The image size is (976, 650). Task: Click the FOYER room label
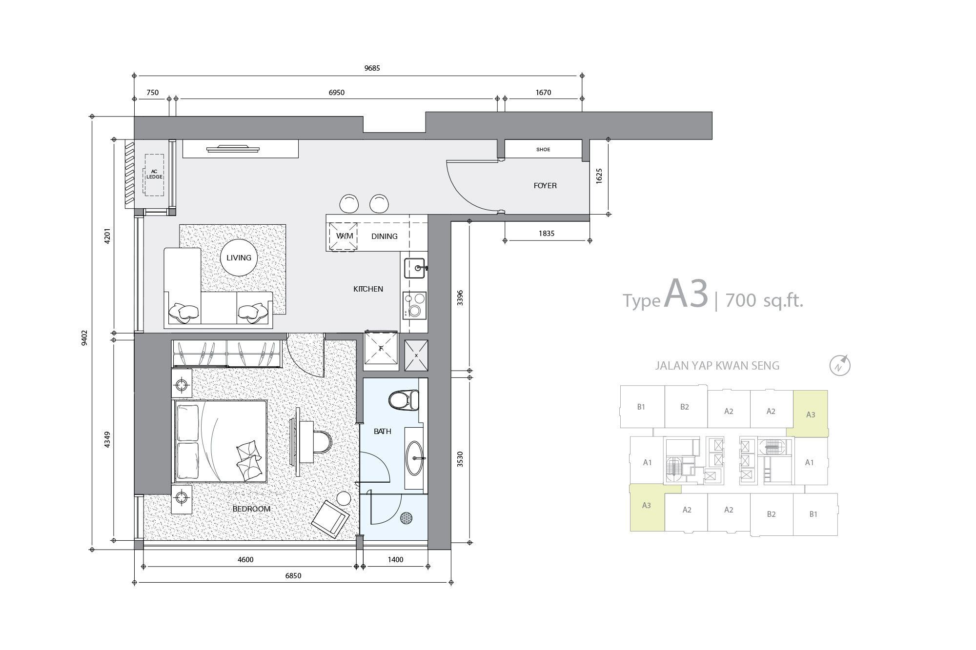pos(545,186)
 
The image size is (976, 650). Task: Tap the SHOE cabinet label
pos(543,150)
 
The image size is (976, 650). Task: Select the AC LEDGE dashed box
pos(154,175)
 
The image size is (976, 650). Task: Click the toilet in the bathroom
pos(404,400)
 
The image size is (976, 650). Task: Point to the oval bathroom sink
pos(415,458)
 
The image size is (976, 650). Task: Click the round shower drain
pos(407,518)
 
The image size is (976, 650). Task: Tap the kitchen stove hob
pos(414,305)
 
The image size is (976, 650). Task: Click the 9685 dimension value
pos(372,68)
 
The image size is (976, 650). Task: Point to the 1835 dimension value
pos(547,234)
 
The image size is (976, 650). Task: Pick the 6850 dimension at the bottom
pos(293,576)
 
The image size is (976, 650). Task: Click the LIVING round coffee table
pos(239,257)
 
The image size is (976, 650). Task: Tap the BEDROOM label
pos(251,509)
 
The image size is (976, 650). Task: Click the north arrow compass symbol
pos(840,365)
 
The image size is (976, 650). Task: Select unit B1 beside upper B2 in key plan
pos(642,407)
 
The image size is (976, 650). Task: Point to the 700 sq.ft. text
pos(764,300)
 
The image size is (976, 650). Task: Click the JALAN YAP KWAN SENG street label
pos(717,366)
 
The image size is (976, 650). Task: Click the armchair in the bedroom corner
pos(330,519)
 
